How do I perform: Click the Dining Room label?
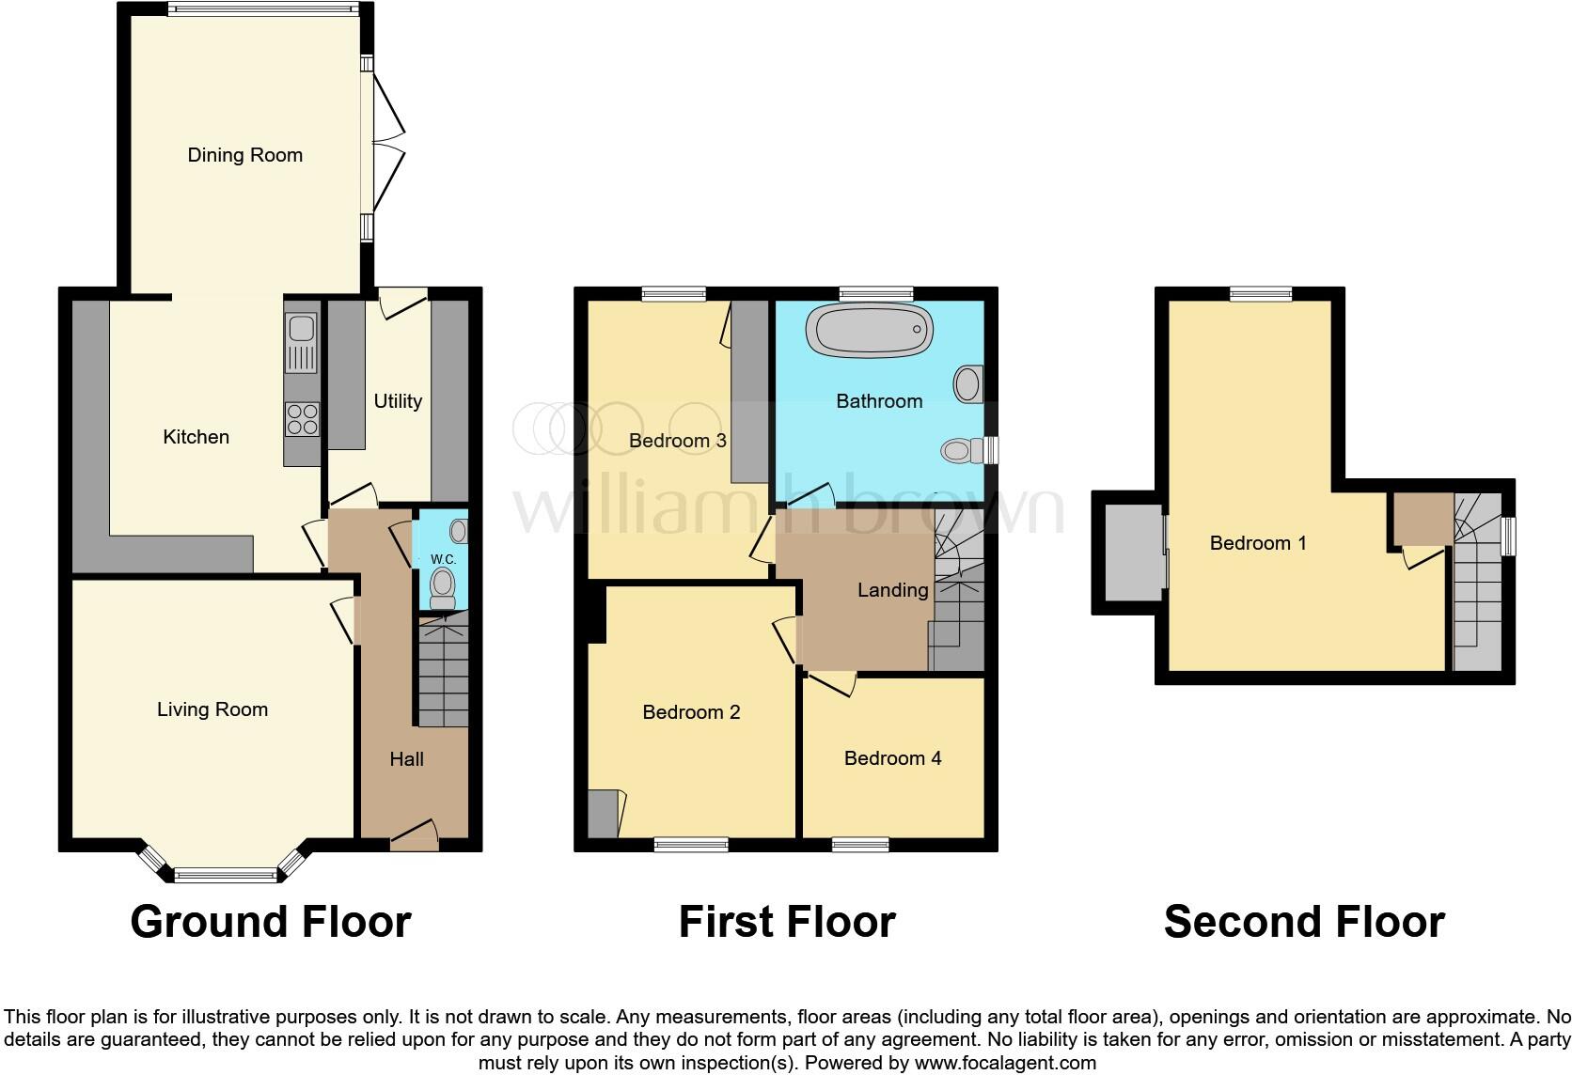(x=244, y=155)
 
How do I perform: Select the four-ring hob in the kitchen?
(x=302, y=418)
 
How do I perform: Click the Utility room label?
(x=398, y=401)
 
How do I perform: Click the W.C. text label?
(x=443, y=559)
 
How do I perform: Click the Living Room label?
(x=212, y=709)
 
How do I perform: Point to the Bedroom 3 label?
(x=677, y=440)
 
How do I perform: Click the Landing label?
(x=892, y=590)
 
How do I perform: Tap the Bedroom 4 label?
(x=892, y=758)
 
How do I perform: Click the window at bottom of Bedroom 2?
(x=692, y=845)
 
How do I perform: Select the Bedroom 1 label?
(x=1257, y=543)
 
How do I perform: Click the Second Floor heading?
(x=1303, y=922)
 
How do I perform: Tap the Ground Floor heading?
(x=271, y=922)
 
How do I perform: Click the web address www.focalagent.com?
(x=1005, y=1064)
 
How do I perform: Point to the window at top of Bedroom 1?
(x=1261, y=294)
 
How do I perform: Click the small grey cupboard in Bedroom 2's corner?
(x=603, y=814)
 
